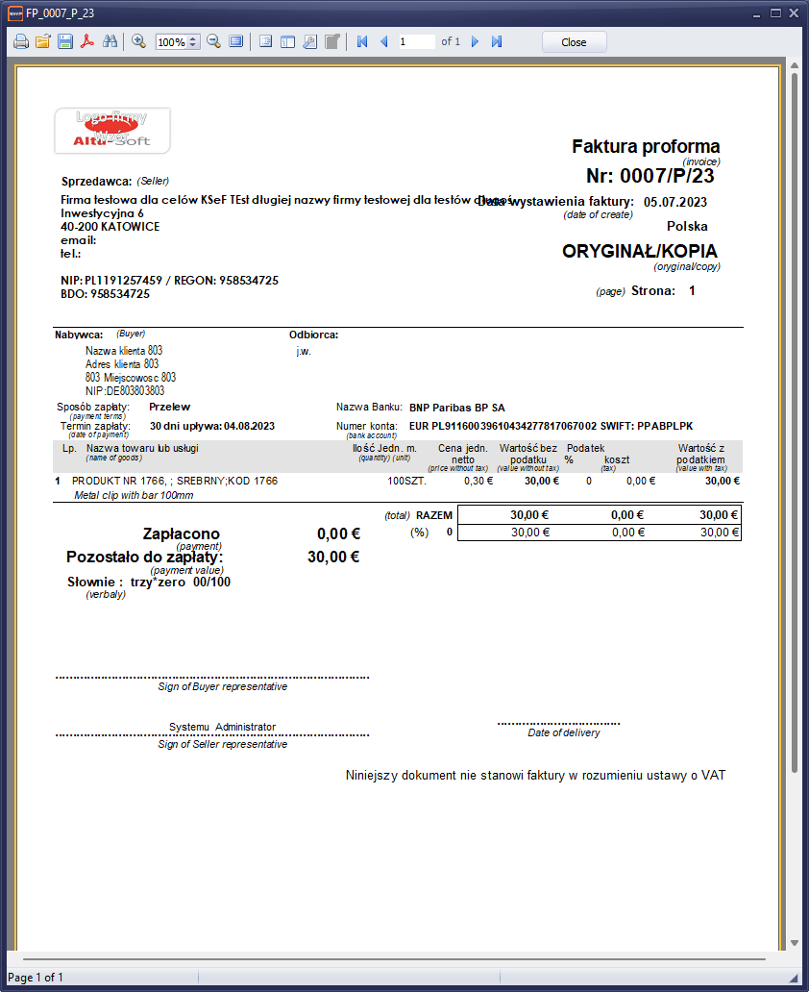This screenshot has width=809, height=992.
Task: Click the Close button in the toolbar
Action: click(x=574, y=42)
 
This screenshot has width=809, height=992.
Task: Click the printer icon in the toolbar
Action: click(x=21, y=42)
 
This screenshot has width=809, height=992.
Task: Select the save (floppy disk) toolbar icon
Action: click(x=65, y=42)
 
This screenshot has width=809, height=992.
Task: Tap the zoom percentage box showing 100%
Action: click(x=172, y=42)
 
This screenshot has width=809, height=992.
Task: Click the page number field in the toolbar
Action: click(x=416, y=42)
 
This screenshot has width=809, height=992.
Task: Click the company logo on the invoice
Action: click(x=112, y=131)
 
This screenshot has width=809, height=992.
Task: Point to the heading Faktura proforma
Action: click(x=646, y=147)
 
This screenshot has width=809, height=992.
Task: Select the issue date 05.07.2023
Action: click(x=675, y=202)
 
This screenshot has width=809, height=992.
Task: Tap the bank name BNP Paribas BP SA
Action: click(x=456, y=408)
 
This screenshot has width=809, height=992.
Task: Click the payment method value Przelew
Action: click(x=170, y=408)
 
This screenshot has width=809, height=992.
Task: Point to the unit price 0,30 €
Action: click(x=478, y=481)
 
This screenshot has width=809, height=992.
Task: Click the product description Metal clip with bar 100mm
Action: click(x=134, y=495)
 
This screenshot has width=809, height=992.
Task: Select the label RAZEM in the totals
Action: click(x=434, y=515)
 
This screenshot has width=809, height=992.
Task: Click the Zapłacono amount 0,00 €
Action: click(x=338, y=534)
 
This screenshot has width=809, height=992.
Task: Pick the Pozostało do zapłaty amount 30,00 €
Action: click(x=333, y=557)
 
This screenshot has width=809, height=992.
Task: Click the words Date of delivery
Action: click(x=564, y=732)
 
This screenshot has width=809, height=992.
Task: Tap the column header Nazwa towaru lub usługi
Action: click(x=143, y=449)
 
